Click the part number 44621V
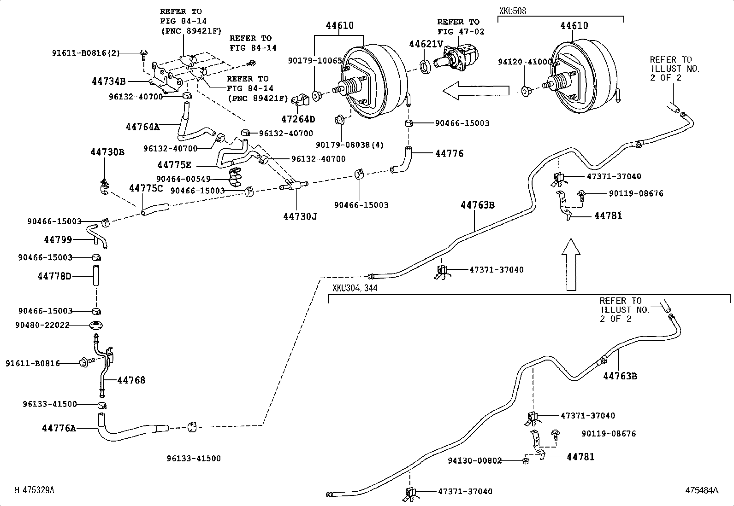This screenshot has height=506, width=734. pos(426,43)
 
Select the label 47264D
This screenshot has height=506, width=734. pos(298,119)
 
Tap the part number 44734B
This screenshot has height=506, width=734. pos(108,81)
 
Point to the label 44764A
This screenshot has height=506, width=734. pos(142,126)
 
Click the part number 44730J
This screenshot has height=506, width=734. pos(300,215)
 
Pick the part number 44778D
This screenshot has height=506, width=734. pos(54,276)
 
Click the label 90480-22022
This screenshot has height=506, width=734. pos(42,325)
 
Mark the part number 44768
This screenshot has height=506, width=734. pos(131,380)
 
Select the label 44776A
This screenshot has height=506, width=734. pos(59,428)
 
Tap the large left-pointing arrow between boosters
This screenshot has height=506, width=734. pos(475,90)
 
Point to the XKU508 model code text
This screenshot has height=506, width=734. pos(512,11)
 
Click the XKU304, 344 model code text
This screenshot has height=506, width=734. pos(355,288)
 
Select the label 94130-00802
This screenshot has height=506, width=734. pos(474,460)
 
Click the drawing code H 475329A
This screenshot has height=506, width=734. pos(35,490)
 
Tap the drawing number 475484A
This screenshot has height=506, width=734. pos(701,490)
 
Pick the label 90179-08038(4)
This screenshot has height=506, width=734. pos(349,145)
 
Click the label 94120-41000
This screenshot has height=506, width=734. pos(525,62)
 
